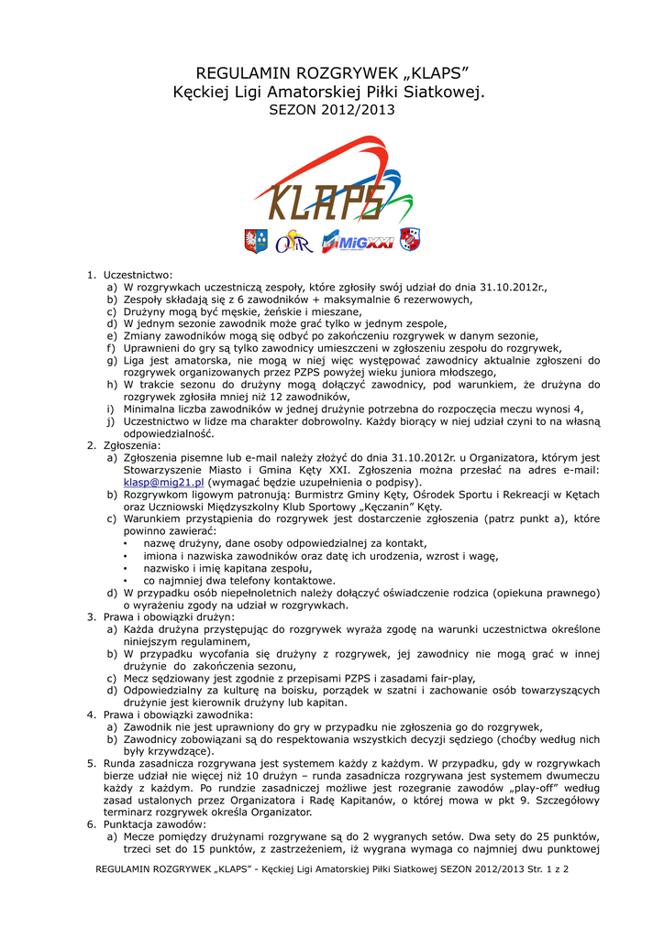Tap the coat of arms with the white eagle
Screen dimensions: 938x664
[x=256, y=241]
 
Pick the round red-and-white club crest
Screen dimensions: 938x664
[x=409, y=240]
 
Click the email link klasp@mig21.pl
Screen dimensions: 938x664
[x=163, y=482]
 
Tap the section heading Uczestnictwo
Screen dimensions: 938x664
[x=138, y=275]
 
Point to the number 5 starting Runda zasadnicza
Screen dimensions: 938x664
[x=91, y=763]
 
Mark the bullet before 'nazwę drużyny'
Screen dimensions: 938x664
[x=125, y=543]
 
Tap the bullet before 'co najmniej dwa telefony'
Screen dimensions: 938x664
[x=125, y=581]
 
